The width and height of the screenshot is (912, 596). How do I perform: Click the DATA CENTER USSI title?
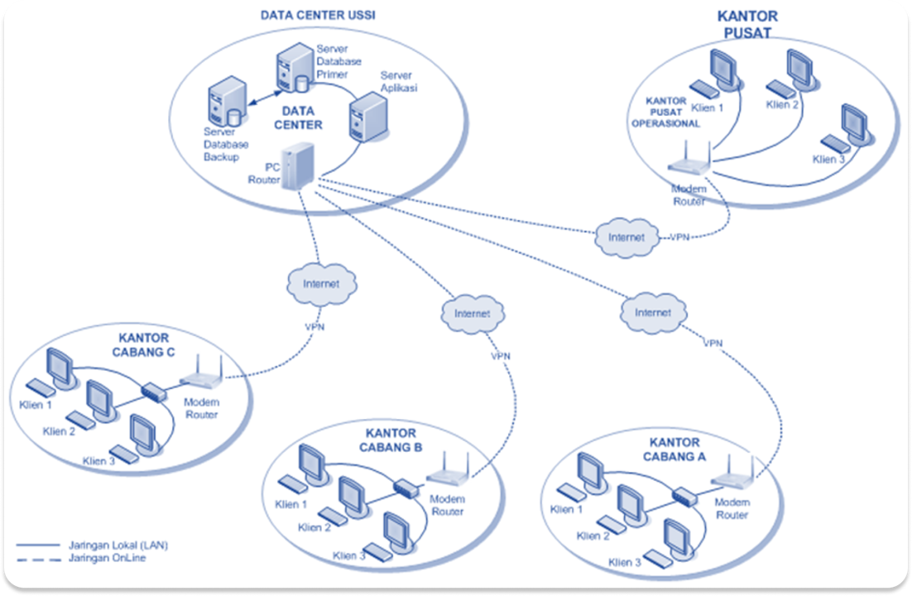[x=312, y=15]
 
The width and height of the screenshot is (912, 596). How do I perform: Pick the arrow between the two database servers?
[x=262, y=94]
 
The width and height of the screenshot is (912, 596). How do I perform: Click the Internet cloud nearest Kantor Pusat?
[x=626, y=237]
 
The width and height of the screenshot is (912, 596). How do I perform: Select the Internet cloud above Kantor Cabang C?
[x=320, y=284]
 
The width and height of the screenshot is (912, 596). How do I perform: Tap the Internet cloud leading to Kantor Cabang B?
[x=473, y=314]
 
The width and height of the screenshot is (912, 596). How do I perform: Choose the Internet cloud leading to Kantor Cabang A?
[x=654, y=313]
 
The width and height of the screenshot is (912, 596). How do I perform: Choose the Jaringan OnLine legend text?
[x=104, y=558]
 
